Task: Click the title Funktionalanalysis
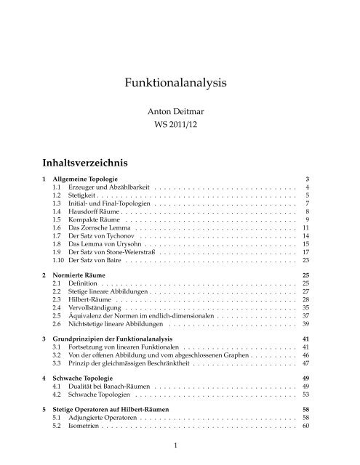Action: click(x=179, y=83)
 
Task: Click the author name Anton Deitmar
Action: click(x=179, y=113)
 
